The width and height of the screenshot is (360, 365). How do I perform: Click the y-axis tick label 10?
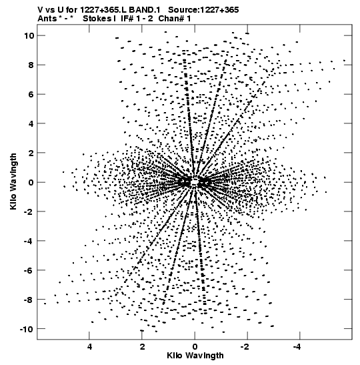coord(29,35)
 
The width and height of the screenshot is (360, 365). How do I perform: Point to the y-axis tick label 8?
coord(31,65)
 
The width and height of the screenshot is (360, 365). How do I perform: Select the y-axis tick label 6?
coord(31,94)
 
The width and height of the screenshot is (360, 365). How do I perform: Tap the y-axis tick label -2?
coord(29,212)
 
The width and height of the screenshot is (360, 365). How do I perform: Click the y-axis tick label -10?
coord(27,329)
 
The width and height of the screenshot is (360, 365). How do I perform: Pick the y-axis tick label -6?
coord(29,270)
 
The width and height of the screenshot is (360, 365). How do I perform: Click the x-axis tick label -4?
coord(297,347)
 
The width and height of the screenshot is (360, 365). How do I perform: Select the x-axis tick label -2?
coord(245,347)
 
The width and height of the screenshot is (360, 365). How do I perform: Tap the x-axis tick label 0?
coord(195,347)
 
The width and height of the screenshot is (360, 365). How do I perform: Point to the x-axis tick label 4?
coord(89,347)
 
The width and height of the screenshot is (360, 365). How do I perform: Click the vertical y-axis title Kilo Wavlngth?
coord(13,181)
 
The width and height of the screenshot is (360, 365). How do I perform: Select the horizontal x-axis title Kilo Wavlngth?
coord(195,356)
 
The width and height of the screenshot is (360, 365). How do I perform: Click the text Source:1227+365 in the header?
coord(203,10)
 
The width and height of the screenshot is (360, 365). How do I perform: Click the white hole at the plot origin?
coord(195,181)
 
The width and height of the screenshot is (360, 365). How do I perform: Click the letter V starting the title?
coord(40,10)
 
